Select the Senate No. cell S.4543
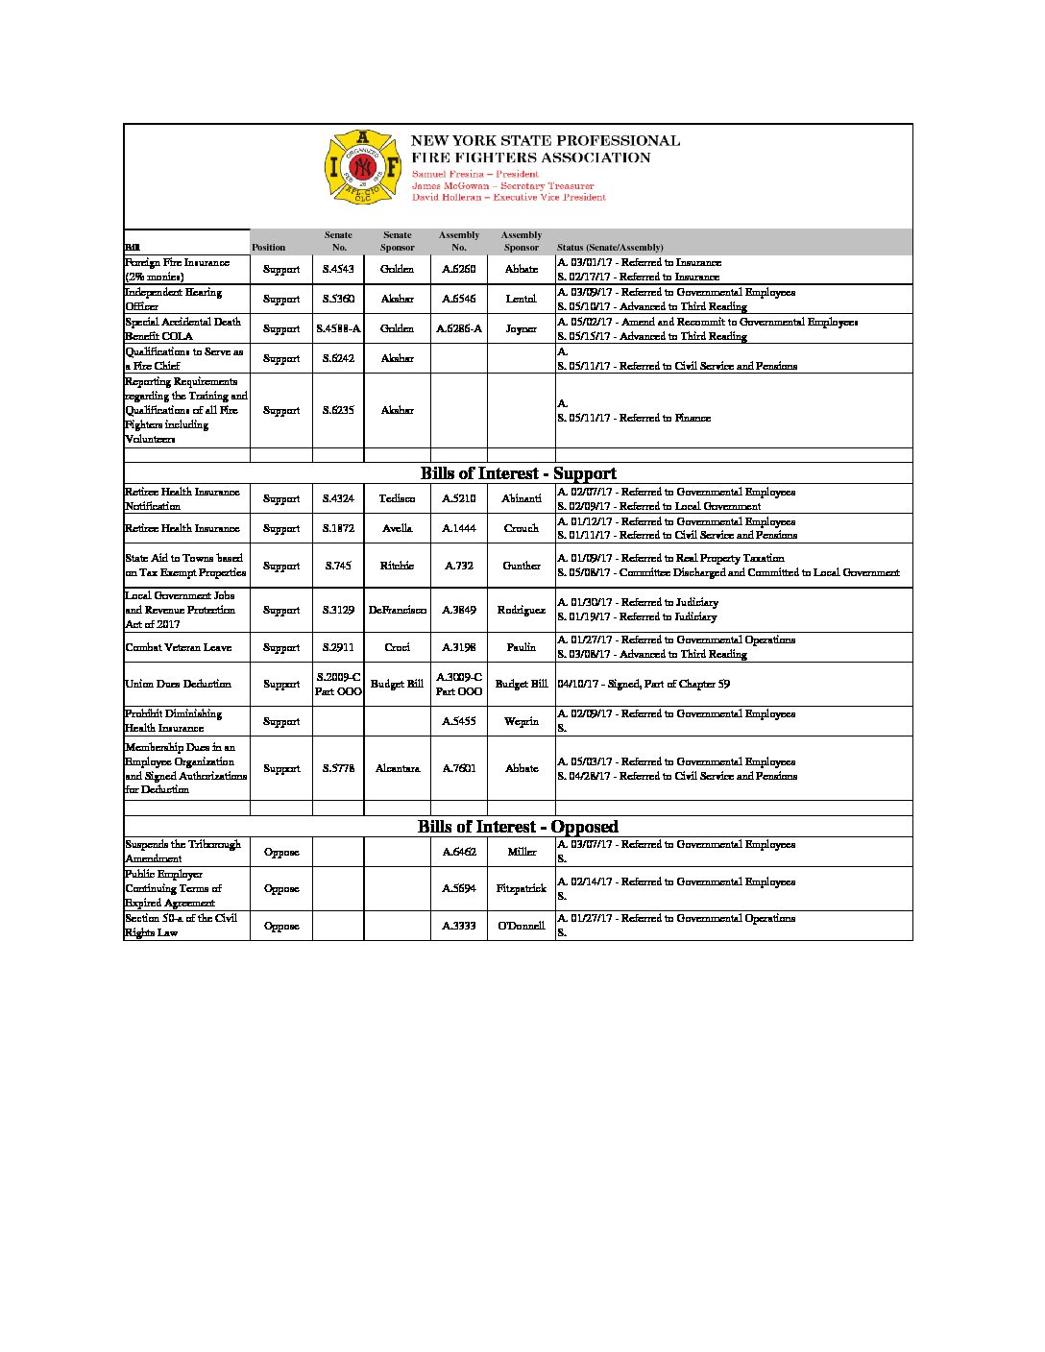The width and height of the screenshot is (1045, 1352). click(x=338, y=270)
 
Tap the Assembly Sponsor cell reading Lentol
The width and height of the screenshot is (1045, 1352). click(x=521, y=300)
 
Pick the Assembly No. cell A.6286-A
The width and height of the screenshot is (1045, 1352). click(x=459, y=329)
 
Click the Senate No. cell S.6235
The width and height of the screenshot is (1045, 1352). click(x=338, y=411)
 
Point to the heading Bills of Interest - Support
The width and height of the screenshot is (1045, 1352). click(x=518, y=473)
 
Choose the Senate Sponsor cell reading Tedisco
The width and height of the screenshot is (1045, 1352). click(x=397, y=499)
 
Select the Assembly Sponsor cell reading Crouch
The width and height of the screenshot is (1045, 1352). click(x=521, y=529)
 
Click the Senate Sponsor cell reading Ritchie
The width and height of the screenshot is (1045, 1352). click(x=397, y=567)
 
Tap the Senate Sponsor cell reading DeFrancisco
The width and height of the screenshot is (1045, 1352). click(x=397, y=611)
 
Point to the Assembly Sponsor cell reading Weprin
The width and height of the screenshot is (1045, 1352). click(x=521, y=722)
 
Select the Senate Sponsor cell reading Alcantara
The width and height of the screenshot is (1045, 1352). click(x=397, y=769)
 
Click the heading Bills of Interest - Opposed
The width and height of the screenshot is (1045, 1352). click(x=518, y=827)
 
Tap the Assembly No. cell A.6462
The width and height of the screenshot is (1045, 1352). click(x=459, y=853)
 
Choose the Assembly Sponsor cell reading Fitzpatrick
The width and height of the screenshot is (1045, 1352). click(x=521, y=889)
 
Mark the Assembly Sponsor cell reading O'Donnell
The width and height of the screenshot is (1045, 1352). click(x=521, y=927)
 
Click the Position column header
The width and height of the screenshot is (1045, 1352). click(x=269, y=248)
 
